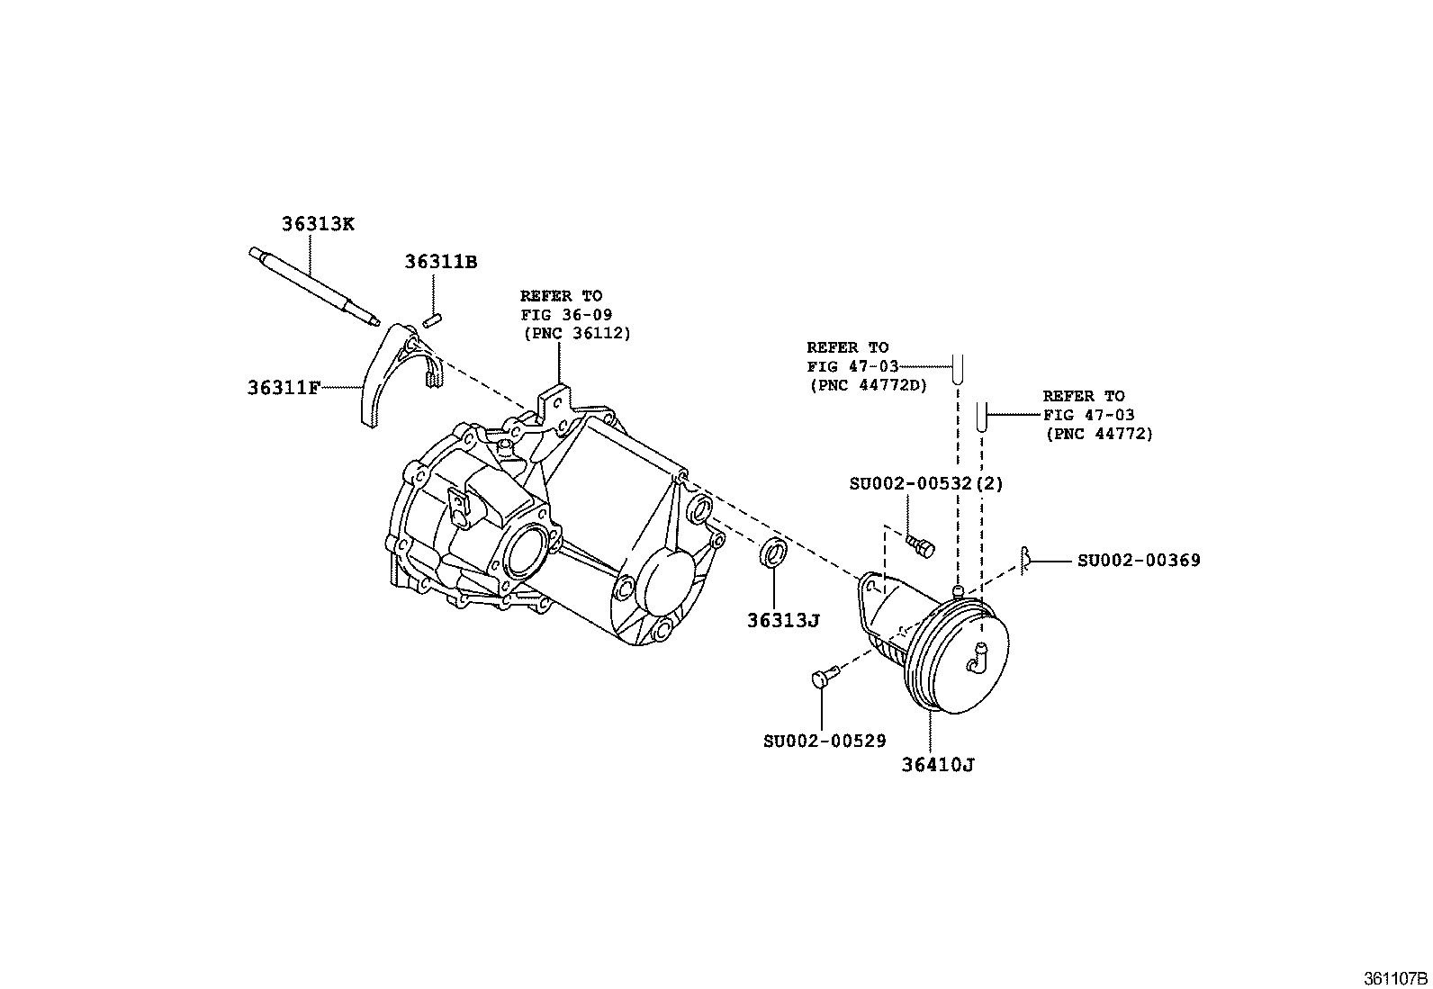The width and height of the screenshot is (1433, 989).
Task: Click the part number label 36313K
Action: (x=318, y=224)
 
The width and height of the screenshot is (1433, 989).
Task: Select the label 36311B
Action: (x=440, y=262)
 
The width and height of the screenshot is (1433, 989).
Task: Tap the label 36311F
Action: (x=284, y=388)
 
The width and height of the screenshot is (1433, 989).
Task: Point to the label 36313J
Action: (x=782, y=620)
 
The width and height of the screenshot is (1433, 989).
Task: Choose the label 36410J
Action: (x=939, y=765)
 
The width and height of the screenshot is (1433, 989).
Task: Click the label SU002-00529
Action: (x=825, y=741)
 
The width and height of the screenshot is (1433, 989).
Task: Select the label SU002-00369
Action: (x=1139, y=561)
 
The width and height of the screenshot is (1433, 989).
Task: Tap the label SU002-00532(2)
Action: (x=926, y=483)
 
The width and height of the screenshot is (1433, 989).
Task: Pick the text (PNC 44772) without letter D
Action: (x=1099, y=434)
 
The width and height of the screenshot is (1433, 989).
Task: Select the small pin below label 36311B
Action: (x=430, y=319)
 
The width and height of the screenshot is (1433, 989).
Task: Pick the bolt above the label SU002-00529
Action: (x=825, y=676)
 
